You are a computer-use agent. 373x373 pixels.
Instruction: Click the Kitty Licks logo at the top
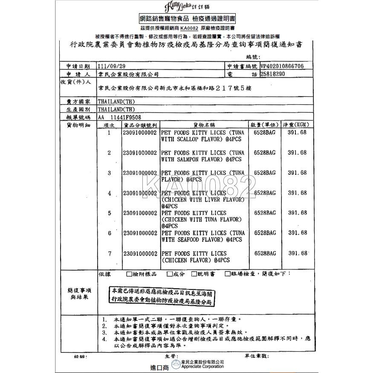click(x=186, y=7)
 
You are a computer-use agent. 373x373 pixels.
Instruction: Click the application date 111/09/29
click(x=112, y=67)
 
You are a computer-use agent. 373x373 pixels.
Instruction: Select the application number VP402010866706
click(x=282, y=67)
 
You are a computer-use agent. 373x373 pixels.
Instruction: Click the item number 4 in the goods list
click(x=110, y=193)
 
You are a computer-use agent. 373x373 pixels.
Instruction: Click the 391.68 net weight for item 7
click(x=298, y=253)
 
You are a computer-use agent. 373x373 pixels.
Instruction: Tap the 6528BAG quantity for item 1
click(x=265, y=133)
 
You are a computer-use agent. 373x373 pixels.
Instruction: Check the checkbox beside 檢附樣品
click(x=129, y=274)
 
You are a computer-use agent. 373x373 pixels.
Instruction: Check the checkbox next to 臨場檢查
click(x=228, y=274)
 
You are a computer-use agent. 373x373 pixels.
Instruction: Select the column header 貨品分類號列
click(x=140, y=125)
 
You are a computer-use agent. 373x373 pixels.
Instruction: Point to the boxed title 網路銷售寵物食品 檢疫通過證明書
click(x=187, y=19)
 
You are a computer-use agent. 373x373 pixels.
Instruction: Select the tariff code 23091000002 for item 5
click(x=139, y=213)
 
